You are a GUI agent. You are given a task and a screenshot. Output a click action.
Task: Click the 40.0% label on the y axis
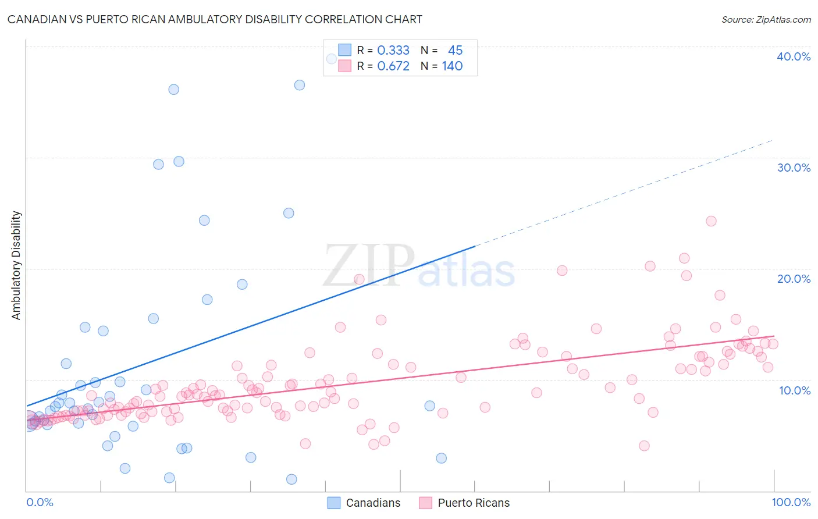pos(794,56)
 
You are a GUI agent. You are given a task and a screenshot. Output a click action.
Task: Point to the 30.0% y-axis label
pos(794,168)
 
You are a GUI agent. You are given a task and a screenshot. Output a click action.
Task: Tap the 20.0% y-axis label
pos(794,279)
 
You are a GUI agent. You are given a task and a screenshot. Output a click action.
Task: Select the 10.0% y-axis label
pos(795,390)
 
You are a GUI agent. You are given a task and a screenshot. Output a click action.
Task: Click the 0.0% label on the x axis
pos(40,502)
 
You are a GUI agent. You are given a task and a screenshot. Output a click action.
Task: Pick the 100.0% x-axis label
pos(791,502)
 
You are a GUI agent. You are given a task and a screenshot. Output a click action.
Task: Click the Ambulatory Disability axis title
pos(16,265)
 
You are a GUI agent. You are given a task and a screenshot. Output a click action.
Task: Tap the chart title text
pos(215,19)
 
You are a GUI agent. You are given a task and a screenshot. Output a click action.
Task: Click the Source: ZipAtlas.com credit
pos(766,19)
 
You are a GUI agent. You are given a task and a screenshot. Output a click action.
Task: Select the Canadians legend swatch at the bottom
pos(333,503)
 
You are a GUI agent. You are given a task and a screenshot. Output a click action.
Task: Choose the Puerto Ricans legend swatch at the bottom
pos(425,503)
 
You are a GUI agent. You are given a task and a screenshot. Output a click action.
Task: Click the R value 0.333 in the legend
pos(393,50)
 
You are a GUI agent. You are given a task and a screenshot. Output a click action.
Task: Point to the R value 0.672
pos(393,66)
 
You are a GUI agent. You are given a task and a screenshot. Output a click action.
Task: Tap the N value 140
pos(452,66)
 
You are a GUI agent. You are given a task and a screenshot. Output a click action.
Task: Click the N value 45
pos(455,50)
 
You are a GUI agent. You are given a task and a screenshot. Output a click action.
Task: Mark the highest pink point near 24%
pos(711,221)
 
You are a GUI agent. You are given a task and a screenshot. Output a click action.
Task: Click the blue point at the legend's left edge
pos(331,59)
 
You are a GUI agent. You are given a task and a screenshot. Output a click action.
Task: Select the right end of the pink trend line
pos(774,336)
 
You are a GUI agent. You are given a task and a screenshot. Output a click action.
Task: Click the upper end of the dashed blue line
pos(773,140)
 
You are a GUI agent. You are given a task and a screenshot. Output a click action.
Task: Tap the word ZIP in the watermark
pos(369,265)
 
